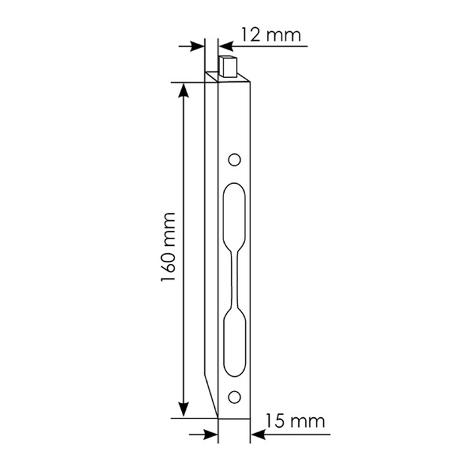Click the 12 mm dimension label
tap(271, 35)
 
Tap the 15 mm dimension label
tap(296, 421)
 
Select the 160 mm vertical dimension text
tap(168, 247)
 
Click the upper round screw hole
tap(234, 160)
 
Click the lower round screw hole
tap(234, 397)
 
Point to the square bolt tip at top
tap(227, 66)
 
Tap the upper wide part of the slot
tap(234, 216)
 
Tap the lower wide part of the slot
tap(234, 342)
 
